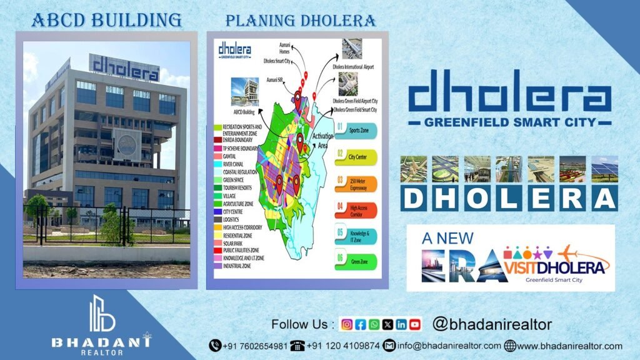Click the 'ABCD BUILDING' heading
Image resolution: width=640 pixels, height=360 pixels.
pyautogui.click(x=106, y=20)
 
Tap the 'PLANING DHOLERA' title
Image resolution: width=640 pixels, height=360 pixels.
pyautogui.click(x=301, y=21)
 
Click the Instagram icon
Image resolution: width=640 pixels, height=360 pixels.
pyautogui.click(x=347, y=324)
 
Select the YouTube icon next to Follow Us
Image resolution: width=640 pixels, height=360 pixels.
pyautogui.click(x=415, y=324)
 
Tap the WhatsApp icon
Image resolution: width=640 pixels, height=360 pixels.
pyautogui.click(x=374, y=324)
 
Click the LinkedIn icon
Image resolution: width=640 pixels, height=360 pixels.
pyautogui.click(x=401, y=324)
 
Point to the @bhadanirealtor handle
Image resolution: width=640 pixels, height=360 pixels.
pyautogui.click(x=492, y=324)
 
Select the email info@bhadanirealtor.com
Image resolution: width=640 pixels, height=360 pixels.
pyautogui.click(x=449, y=346)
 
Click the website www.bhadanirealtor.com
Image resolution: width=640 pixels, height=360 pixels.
pyautogui.click(x=569, y=346)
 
